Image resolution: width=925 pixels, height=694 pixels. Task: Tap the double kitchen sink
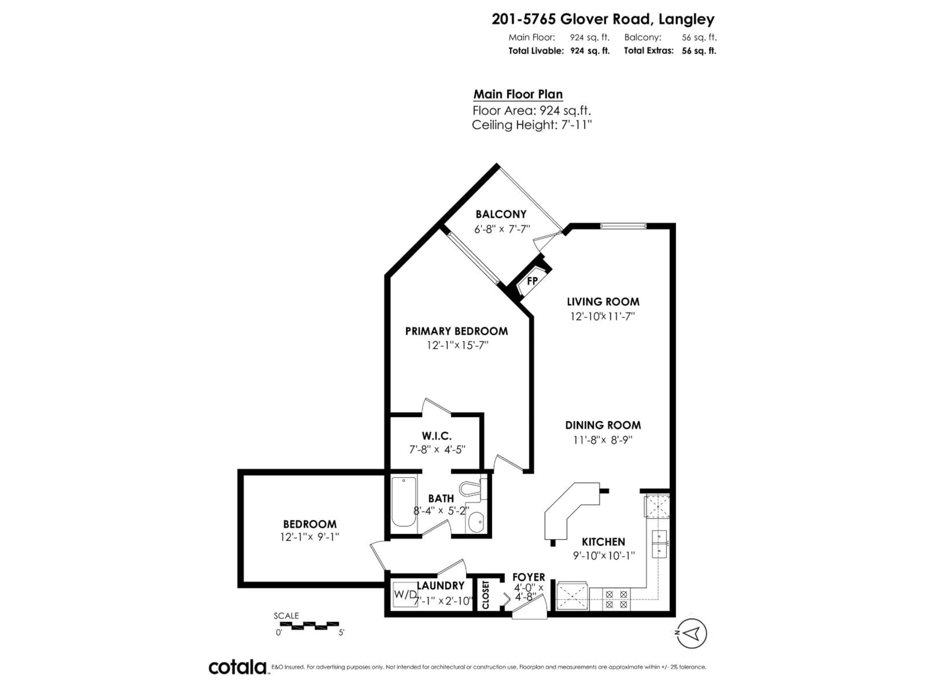[660, 544]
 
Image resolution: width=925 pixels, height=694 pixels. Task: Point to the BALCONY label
[501, 214]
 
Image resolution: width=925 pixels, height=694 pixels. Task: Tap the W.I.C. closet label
[436, 436]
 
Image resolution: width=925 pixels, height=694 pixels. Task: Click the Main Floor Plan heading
[518, 94]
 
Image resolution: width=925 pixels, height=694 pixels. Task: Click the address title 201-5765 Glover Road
[603, 19]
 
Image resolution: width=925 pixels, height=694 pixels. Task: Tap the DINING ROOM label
[603, 425]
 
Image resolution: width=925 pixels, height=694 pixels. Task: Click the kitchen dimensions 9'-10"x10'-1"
[603, 555]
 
